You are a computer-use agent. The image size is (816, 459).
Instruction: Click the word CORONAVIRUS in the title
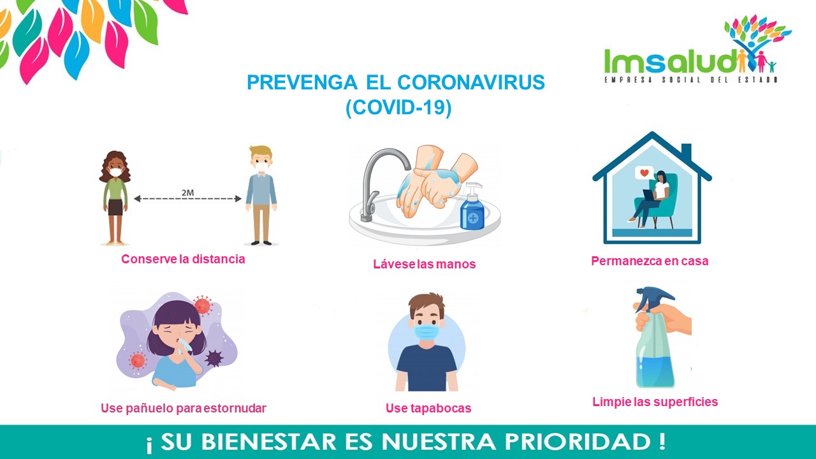(470, 82)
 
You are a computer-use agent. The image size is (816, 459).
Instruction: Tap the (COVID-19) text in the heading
(398, 108)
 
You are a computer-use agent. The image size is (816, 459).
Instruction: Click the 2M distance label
(187, 193)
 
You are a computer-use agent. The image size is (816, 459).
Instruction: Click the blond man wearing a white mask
(261, 195)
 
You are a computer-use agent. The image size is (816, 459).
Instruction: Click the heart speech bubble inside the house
(644, 173)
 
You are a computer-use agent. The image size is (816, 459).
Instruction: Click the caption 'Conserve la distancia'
(183, 259)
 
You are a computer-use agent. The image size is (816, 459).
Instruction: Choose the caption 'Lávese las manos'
(425, 264)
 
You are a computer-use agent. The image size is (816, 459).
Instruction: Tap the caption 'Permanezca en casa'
(650, 261)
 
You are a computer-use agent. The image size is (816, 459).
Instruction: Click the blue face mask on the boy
(426, 333)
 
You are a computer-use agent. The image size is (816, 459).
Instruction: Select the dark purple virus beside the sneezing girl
(214, 358)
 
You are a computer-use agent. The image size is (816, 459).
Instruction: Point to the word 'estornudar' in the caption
(235, 408)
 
